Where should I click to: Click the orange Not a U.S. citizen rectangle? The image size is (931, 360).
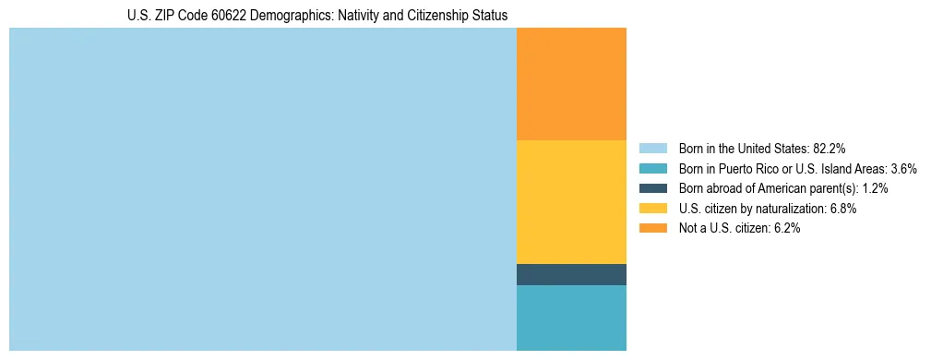[x=571, y=84]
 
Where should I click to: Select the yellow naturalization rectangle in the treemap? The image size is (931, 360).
[x=571, y=201]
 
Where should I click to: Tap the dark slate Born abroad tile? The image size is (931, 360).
[x=571, y=274]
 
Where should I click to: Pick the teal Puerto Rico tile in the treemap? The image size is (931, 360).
[x=571, y=318]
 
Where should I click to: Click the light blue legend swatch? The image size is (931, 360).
[x=652, y=148]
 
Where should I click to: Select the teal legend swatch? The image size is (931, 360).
[x=652, y=168]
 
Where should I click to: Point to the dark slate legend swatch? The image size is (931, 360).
[x=652, y=188]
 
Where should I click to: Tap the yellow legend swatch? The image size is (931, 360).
[x=652, y=209]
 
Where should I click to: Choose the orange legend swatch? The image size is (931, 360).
[x=652, y=228]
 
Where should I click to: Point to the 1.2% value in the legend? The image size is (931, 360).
[x=875, y=188]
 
